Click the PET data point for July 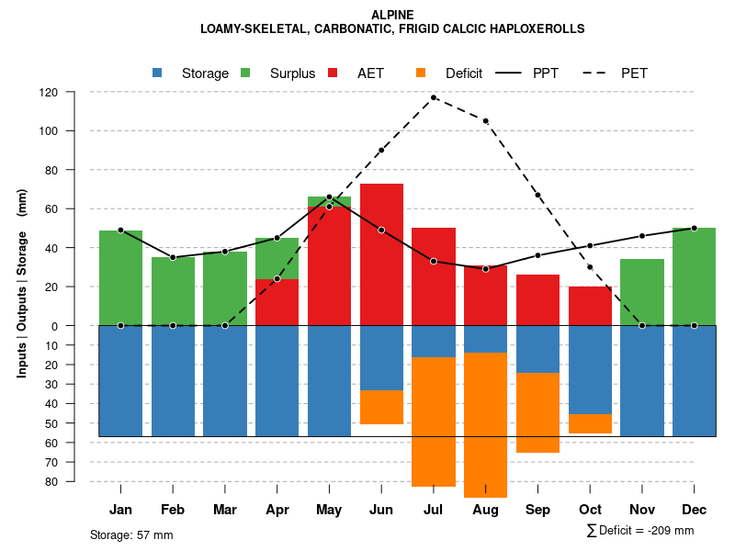point(434,97)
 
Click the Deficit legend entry point(449,73)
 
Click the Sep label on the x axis point(537,510)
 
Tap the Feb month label point(173,510)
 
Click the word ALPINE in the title point(392,15)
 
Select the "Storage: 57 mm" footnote point(131,534)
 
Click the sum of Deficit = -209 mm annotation point(639,531)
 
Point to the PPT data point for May point(329,197)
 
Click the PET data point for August point(485,121)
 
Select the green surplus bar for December point(694,276)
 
